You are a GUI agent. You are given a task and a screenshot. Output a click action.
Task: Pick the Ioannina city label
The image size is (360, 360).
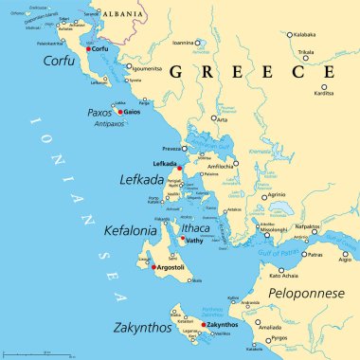(185, 43)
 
